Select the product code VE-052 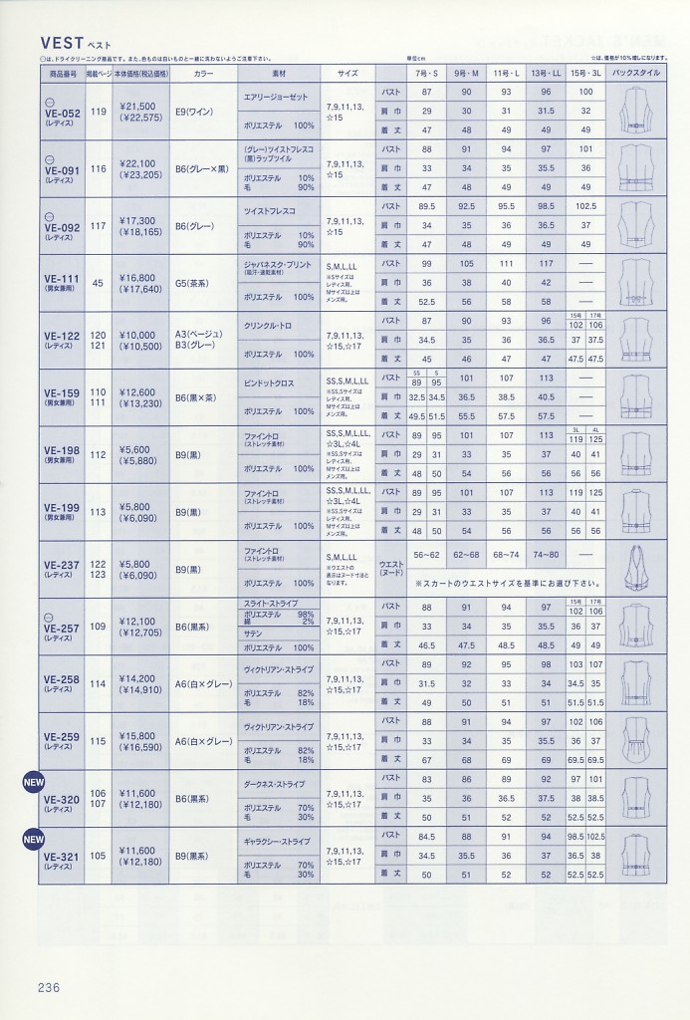point(63,114)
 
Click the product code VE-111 point(63,279)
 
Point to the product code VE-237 point(63,565)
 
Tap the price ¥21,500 point(136,106)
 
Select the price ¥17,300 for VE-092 point(136,220)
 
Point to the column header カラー point(204,74)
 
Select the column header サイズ point(347,74)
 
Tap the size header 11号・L point(506,74)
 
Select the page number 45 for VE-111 point(98,283)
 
